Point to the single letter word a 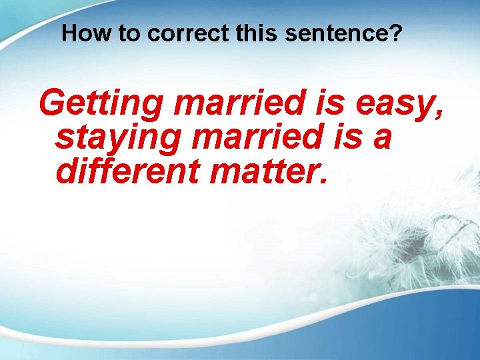[x=382, y=140]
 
